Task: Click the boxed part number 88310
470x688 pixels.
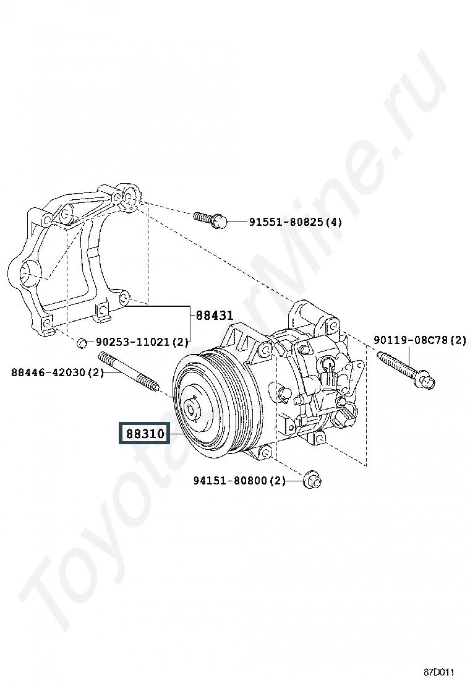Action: pos(145,434)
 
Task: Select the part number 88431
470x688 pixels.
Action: pos(215,315)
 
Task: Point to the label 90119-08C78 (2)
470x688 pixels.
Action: pos(419,340)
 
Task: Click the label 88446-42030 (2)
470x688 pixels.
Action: pos(57,372)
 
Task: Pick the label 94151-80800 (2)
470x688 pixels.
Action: pos(239,480)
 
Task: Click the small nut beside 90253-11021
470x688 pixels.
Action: pos(82,341)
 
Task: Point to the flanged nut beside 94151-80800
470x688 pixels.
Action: pos(313,479)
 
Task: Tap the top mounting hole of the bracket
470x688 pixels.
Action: pos(129,196)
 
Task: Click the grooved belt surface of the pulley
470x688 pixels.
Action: pos(244,402)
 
